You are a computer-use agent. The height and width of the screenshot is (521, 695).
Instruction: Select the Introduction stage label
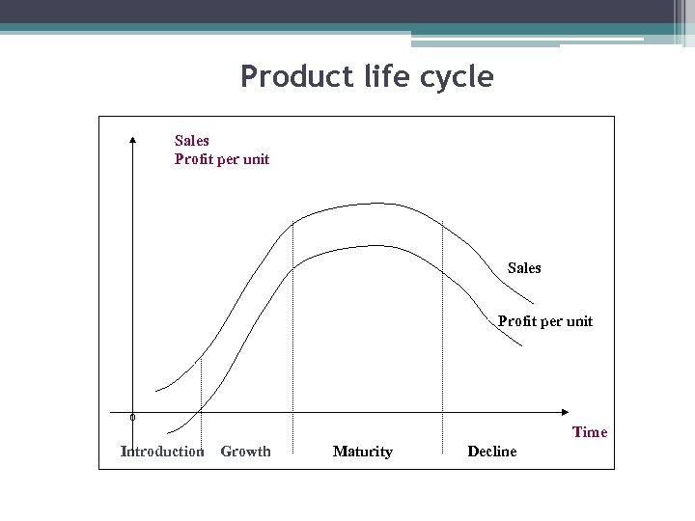(x=161, y=451)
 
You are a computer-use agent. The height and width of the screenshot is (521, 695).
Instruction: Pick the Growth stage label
(x=245, y=451)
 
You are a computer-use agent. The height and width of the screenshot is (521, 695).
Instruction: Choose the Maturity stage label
(x=362, y=451)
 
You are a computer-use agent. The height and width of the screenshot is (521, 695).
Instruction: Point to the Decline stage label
(x=491, y=451)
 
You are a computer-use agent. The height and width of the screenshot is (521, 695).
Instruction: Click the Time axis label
(x=590, y=432)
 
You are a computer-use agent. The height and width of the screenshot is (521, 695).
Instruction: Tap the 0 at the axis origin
(x=132, y=418)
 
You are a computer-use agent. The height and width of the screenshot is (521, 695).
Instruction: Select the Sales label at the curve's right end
(x=524, y=268)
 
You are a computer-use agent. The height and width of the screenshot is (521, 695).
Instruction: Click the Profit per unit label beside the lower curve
(x=544, y=321)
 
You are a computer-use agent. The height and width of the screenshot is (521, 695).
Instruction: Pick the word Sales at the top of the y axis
(x=191, y=141)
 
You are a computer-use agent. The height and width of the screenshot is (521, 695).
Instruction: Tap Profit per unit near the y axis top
(x=221, y=159)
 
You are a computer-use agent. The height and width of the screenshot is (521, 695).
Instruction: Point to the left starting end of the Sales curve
(x=156, y=391)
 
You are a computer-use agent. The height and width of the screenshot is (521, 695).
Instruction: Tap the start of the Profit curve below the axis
(x=168, y=431)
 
